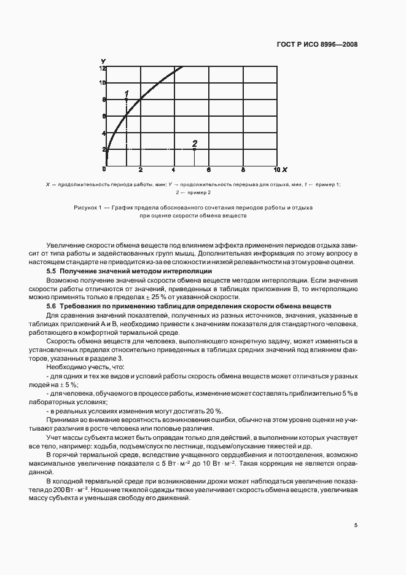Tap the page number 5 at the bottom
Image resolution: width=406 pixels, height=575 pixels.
tap(356, 525)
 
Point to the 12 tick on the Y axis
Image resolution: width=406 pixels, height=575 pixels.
tap(103, 68)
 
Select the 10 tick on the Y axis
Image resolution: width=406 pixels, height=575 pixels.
tap(103, 82)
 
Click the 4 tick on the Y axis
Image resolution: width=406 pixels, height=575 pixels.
tap(104, 133)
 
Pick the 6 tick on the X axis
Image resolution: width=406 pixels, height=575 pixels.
tap(209, 170)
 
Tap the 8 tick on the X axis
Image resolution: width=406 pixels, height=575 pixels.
tap(243, 170)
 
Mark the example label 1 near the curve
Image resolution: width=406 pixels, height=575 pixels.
tap(126, 92)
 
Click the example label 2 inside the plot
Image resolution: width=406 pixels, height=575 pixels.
tap(195, 143)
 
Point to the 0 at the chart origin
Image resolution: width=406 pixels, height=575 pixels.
tap(105, 170)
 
